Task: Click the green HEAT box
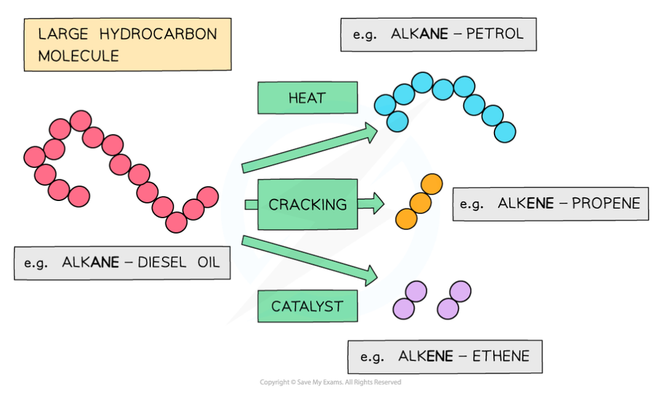[x=307, y=98]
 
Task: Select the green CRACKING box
[x=308, y=204]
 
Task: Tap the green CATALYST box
[x=307, y=306]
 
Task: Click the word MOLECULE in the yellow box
[x=78, y=56]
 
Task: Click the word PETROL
[x=495, y=33]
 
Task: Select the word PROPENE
[x=606, y=203]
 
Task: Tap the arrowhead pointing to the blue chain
[x=370, y=132]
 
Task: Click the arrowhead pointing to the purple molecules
[x=370, y=274]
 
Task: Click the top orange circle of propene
[x=432, y=184]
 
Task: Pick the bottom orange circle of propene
[x=406, y=218]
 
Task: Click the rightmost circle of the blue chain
[x=504, y=132]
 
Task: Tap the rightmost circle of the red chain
[x=208, y=197]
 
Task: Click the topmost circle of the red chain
[x=81, y=120]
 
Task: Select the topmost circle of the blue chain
[x=422, y=82]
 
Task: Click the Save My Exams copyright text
[x=330, y=382]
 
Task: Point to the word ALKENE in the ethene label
[x=426, y=357]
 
